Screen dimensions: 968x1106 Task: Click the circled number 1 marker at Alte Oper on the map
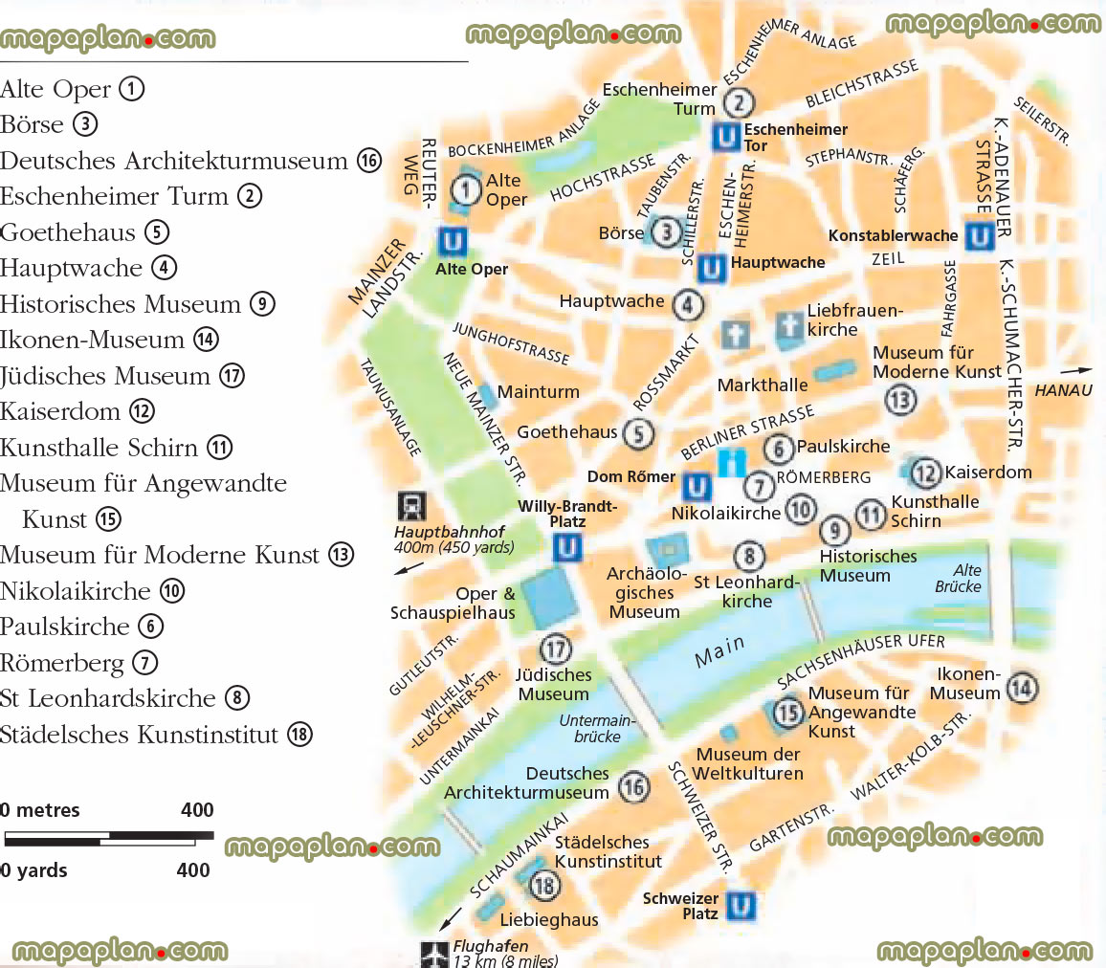pyautogui.click(x=466, y=189)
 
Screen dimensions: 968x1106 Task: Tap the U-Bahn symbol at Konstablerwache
pyautogui.click(x=979, y=235)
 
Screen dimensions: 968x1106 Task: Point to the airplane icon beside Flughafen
pyautogui.click(x=433, y=954)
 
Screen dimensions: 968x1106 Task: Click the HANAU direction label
pyautogui.click(x=1063, y=390)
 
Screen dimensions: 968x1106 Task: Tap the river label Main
pyautogui.click(x=719, y=651)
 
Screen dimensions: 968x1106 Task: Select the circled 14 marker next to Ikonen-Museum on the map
pyautogui.click(x=1022, y=686)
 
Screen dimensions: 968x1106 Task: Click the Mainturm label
pyautogui.click(x=538, y=391)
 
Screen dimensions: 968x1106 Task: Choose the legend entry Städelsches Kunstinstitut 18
pyautogui.click(x=156, y=735)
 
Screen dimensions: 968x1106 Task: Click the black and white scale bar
pyautogui.click(x=108, y=839)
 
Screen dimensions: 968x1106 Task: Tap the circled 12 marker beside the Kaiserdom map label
pyautogui.click(x=925, y=473)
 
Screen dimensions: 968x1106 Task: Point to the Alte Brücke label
pyautogui.click(x=959, y=578)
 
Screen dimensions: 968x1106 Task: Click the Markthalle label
pyautogui.click(x=763, y=385)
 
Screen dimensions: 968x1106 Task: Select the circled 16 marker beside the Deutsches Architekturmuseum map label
pyautogui.click(x=633, y=787)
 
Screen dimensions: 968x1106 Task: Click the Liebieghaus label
pyautogui.click(x=549, y=920)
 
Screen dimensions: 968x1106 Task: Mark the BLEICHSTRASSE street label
pyautogui.click(x=862, y=83)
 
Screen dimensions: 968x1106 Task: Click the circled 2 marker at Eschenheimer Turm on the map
pyautogui.click(x=739, y=102)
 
